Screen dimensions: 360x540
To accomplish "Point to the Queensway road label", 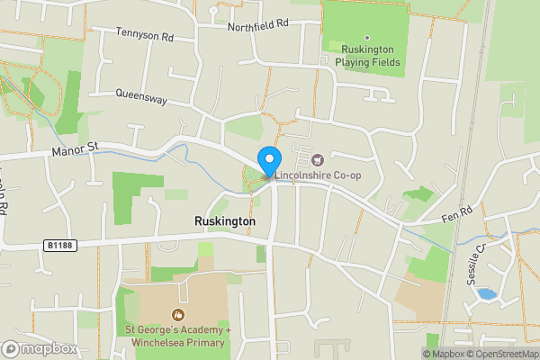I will (x=141, y=97).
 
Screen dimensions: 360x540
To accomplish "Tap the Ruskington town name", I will (x=225, y=221).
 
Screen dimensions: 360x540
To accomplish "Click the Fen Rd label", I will (x=456, y=212).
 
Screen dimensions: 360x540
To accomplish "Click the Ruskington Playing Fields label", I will (x=367, y=56).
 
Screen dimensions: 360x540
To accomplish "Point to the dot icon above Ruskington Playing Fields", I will (x=366, y=38).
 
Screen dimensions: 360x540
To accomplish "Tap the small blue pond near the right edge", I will (x=486, y=293).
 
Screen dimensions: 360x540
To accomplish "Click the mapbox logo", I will (x=40, y=348).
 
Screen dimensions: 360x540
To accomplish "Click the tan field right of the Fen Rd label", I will (x=418, y=298).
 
